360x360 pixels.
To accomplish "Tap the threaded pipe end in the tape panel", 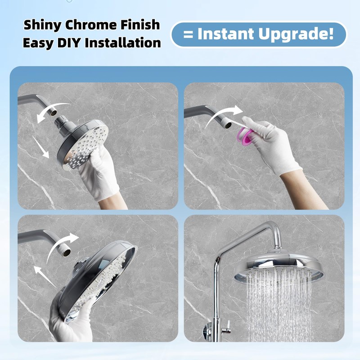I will pyautogui.click(x=227, y=118).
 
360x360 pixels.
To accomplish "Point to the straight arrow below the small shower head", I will pyautogui.click(x=44, y=151).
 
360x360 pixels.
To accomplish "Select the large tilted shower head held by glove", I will pyautogui.click(x=99, y=279).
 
